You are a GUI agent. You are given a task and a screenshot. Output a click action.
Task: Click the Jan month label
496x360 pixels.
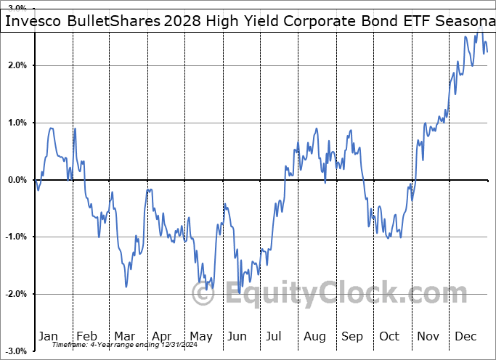tap(48, 337)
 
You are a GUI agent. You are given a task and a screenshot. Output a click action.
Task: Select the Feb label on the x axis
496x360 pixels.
tap(86, 337)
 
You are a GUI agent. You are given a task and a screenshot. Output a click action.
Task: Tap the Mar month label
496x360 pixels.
tap(124, 337)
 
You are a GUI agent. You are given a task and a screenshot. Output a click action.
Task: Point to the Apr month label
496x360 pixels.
tap(162, 337)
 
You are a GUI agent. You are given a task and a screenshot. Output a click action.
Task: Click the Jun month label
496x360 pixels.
tap(237, 337)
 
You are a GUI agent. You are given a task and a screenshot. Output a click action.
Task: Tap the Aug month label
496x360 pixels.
tap(314, 337)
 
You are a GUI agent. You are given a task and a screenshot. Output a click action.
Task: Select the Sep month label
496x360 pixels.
tap(352, 337)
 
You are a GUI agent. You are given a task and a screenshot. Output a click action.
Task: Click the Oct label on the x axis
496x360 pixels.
tap(390, 337)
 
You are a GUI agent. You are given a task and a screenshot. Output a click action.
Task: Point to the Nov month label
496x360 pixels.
tap(428, 337)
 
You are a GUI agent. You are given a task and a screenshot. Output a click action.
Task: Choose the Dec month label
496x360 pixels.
tap(465, 337)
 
